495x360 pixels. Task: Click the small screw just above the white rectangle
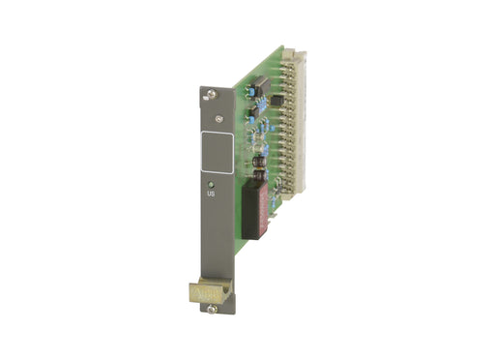coord(222,119)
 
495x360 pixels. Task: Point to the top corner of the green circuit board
coord(283,46)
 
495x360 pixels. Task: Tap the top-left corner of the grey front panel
coord(201,89)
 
